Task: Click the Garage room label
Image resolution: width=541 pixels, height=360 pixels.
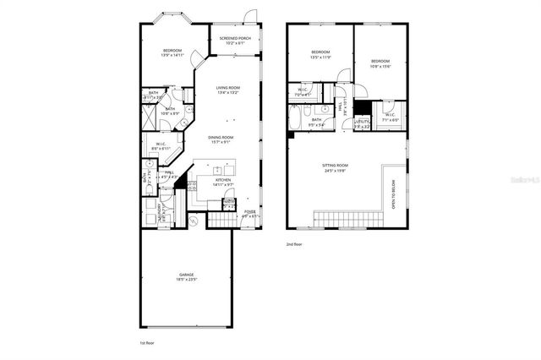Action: [x=186, y=276]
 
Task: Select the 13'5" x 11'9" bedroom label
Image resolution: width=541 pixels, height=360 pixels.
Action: [x=320, y=55]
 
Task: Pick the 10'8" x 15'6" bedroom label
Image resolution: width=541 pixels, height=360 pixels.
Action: [x=380, y=63]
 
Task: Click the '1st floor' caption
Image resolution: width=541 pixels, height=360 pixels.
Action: [x=147, y=343]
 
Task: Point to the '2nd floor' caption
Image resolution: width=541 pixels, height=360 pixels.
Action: [x=293, y=243]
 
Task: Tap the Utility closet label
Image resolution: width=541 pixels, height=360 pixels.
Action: [x=361, y=123]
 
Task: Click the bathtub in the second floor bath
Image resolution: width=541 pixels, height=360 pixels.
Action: [x=293, y=119]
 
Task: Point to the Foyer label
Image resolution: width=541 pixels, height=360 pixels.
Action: [x=250, y=213]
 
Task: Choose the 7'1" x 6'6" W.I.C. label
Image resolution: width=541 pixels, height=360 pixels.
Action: [x=389, y=117]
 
